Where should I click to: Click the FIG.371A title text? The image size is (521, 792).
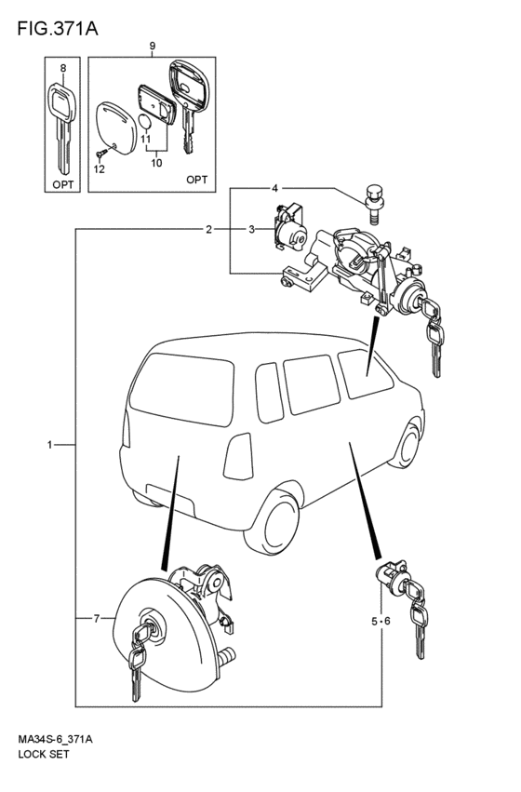[58, 29]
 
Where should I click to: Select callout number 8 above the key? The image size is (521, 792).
[62, 68]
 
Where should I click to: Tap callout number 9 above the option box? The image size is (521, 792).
[152, 47]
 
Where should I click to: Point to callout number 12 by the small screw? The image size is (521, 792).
[100, 169]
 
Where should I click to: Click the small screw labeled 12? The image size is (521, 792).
[102, 152]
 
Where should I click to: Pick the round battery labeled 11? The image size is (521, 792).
[145, 122]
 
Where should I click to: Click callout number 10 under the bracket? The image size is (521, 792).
[156, 163]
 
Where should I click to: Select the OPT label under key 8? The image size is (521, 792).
[63, 184]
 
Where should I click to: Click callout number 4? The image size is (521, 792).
[274, 188]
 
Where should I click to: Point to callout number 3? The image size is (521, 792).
[251, 230]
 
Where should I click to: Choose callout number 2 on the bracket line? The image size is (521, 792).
[208, 230]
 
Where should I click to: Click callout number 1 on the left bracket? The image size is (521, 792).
[49, 445]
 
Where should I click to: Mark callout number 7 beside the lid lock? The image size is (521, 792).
[97, 618]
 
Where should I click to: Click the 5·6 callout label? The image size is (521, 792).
[381, 622]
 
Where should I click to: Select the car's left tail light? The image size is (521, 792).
[238, 456]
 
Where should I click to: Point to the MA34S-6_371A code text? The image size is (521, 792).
[55, 740]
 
